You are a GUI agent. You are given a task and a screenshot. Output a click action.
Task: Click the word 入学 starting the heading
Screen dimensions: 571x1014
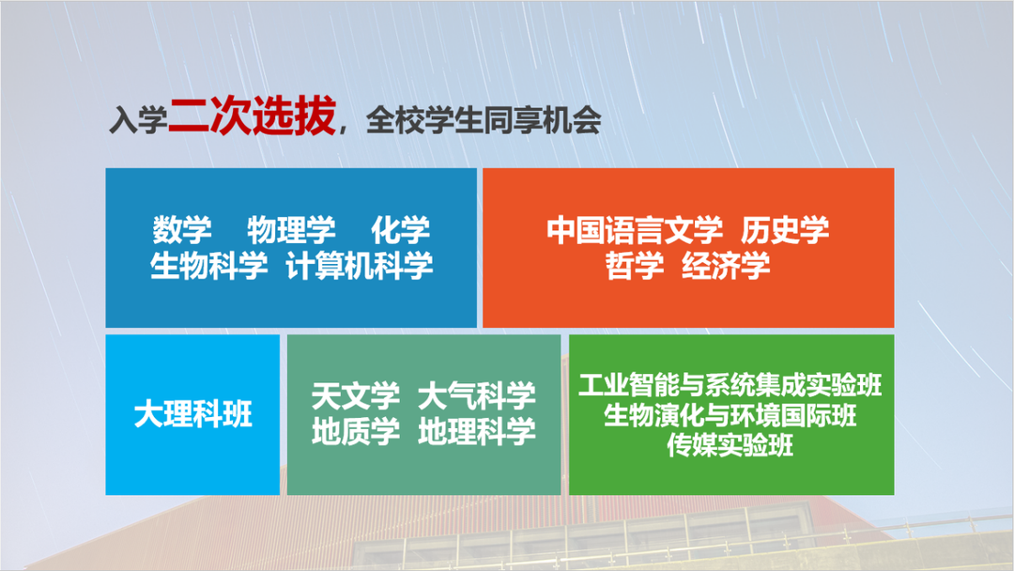137,122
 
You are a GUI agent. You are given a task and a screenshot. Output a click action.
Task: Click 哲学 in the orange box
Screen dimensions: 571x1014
635,266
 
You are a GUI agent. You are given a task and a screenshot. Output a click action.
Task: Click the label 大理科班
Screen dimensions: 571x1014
192,414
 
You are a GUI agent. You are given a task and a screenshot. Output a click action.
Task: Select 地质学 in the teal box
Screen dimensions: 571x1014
356,431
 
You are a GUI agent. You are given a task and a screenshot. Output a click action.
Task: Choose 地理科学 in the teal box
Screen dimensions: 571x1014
477,431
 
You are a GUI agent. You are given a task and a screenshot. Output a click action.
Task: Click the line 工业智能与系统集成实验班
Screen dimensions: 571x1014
730,385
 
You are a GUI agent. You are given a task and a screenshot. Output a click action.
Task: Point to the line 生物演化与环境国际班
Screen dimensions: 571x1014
730,414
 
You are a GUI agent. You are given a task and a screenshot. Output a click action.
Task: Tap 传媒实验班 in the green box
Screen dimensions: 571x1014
730,444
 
